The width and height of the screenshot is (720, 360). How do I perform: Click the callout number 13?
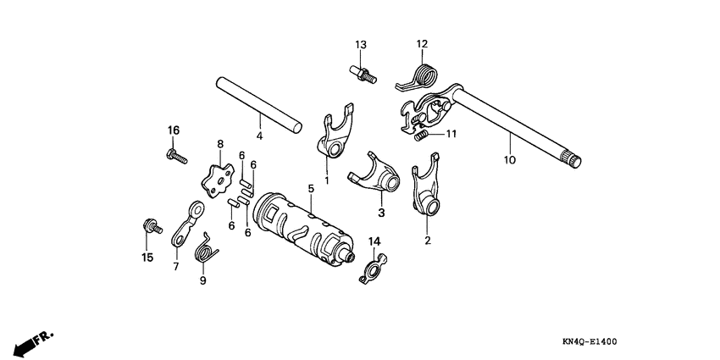360,44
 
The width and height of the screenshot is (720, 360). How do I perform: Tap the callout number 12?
422,44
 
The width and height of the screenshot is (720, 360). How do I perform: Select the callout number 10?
509,158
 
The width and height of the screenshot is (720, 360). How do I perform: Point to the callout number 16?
173,130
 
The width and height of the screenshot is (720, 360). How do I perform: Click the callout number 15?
147,258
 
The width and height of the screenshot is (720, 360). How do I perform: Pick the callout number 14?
374,242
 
